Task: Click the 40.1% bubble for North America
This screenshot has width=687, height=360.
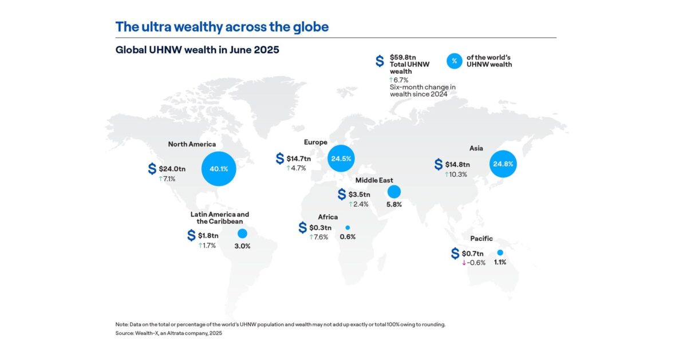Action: pyautogui.click(x=219, y=169)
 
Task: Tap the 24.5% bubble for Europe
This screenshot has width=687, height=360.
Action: pyautogui.click(x=345, y=158)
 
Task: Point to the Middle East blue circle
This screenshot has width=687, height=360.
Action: pyautogui.click(x=394, y=191)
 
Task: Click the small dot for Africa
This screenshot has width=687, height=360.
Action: pyautogui.click(x=348, y=227)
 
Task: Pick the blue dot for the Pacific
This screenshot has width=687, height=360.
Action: pyautogui.click(x=500, y=252)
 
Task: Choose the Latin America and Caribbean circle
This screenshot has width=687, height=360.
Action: pyautogui.click(x=242, y=234)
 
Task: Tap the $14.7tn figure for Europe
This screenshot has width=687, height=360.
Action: pyautogui.click(x=299, y=159)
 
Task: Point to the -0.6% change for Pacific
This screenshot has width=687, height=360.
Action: pyautogui.click(x=476, y=263)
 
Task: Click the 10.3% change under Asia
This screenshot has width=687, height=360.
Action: pyautogui.click(x=459, y=174)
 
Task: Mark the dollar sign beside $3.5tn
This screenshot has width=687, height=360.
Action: pyautogui.click(x=341, y=195)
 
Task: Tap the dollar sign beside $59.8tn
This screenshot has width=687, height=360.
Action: pyautogui.click(x=380, y=61)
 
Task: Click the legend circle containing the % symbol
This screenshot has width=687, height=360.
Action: pyautogui.click(x=454, y=61)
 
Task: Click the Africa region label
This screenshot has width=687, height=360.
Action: pyautogui.click(x=328, y=217)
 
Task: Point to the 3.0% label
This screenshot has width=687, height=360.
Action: pyautogui.click(x=242, y=246)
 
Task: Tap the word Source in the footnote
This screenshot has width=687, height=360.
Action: pyautogui.click(x=125, y=333)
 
